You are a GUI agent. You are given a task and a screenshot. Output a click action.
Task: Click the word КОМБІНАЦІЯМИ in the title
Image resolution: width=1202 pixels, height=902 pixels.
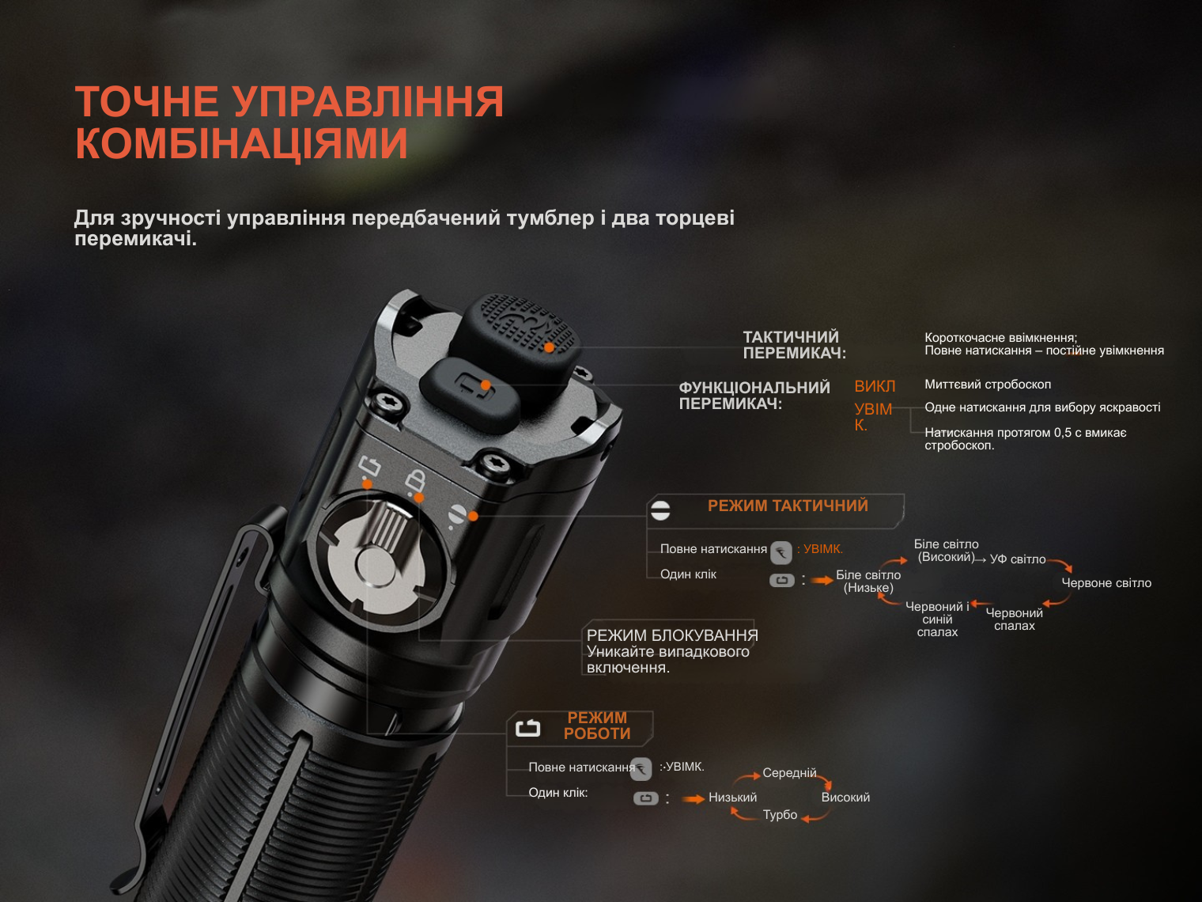click(241, 143)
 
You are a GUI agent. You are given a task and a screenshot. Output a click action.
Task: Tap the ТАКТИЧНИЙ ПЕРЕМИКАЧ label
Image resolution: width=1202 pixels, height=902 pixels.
click(794, 345)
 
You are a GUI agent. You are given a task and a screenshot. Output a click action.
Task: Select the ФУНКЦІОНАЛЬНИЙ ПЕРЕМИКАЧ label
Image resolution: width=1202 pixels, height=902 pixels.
click(754, 396)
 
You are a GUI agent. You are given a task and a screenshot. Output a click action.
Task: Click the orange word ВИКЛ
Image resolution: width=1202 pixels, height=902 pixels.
click(875, 386)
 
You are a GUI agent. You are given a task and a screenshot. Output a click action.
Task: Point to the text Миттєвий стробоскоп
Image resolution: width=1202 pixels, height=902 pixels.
click(988, 385)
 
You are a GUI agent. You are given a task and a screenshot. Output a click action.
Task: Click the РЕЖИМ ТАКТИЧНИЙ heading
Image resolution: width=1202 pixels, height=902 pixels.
click(788, 506)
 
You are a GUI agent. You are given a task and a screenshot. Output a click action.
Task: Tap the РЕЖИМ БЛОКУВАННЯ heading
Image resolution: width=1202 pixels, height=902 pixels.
click(672, 635)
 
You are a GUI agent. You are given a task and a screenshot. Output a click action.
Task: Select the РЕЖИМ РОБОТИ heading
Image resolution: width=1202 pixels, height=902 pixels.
click(597, 726)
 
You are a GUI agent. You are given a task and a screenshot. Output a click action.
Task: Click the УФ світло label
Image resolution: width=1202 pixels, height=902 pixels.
click(1018, 559)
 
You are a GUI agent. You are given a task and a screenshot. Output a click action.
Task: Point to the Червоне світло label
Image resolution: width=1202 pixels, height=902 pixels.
click(1106, 583)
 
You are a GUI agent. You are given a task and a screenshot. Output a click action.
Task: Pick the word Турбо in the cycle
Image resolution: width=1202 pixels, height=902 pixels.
click(780, 815)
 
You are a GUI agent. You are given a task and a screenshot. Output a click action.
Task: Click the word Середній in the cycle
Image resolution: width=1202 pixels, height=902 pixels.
click(789, 773)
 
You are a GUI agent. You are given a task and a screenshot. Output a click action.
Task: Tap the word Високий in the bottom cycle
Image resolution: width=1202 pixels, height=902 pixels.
click(845, 798)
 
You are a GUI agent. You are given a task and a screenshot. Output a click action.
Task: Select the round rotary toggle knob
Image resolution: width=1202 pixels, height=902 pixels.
click(380, 561)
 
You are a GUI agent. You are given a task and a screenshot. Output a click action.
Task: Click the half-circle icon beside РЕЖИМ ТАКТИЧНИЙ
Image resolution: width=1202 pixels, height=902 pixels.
click(660, 510)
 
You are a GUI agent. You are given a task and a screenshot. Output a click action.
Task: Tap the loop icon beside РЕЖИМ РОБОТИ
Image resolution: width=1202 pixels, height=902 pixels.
click(528, 728)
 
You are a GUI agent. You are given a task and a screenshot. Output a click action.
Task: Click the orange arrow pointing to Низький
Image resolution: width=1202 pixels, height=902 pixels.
click(694, 799)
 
